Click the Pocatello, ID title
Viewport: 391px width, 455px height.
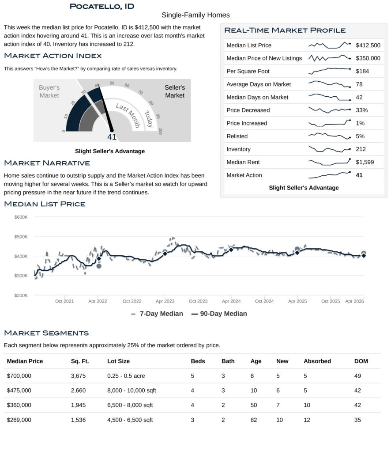(x=102, y=6)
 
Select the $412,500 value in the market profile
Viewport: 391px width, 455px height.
(x=368, y=45)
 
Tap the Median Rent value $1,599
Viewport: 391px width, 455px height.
(x=365, y=162)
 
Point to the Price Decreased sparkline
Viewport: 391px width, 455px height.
(x=329, y=110)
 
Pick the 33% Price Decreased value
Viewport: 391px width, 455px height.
(x=361, y=110)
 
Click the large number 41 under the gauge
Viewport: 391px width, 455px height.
(x=112, y=137)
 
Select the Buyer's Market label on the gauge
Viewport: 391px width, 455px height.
(x=49, y=91)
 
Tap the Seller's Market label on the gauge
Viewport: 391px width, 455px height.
(x=175, y=91)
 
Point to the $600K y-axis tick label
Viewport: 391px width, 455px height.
(x=21, y=217)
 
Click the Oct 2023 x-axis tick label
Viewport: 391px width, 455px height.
(x=198, y=301)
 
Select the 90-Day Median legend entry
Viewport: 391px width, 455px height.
(x=219, y=314)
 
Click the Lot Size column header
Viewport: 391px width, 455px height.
(x=118, y=361)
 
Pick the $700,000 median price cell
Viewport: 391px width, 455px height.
(x=19, y=376)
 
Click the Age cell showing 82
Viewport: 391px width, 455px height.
(x=253, y=420)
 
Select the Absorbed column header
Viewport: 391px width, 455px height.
(x=317, y=361)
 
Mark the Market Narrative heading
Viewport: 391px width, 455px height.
(x=47, y=163)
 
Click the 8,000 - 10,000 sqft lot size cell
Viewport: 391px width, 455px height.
(x=132, y=391)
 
